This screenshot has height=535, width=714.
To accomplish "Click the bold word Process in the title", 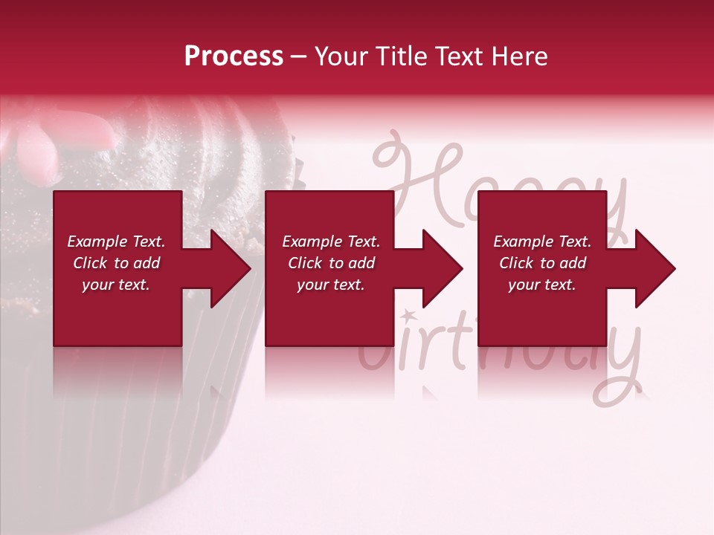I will coord(234,56).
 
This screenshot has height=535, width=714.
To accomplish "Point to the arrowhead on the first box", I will coord(227,268).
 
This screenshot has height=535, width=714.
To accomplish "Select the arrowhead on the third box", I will coord(652,268).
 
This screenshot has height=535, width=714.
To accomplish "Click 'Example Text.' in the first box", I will coord(116,241).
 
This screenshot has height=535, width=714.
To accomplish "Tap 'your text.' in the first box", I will coord(116,285).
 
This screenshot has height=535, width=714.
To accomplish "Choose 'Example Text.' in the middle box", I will coord(331,241).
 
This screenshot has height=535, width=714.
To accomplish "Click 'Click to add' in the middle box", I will coord(331,263).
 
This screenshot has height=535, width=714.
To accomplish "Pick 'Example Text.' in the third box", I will coord(542,241).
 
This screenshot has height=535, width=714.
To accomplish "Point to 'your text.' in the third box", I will coord(542,285).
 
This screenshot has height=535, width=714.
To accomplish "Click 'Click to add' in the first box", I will coord(116,263).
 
